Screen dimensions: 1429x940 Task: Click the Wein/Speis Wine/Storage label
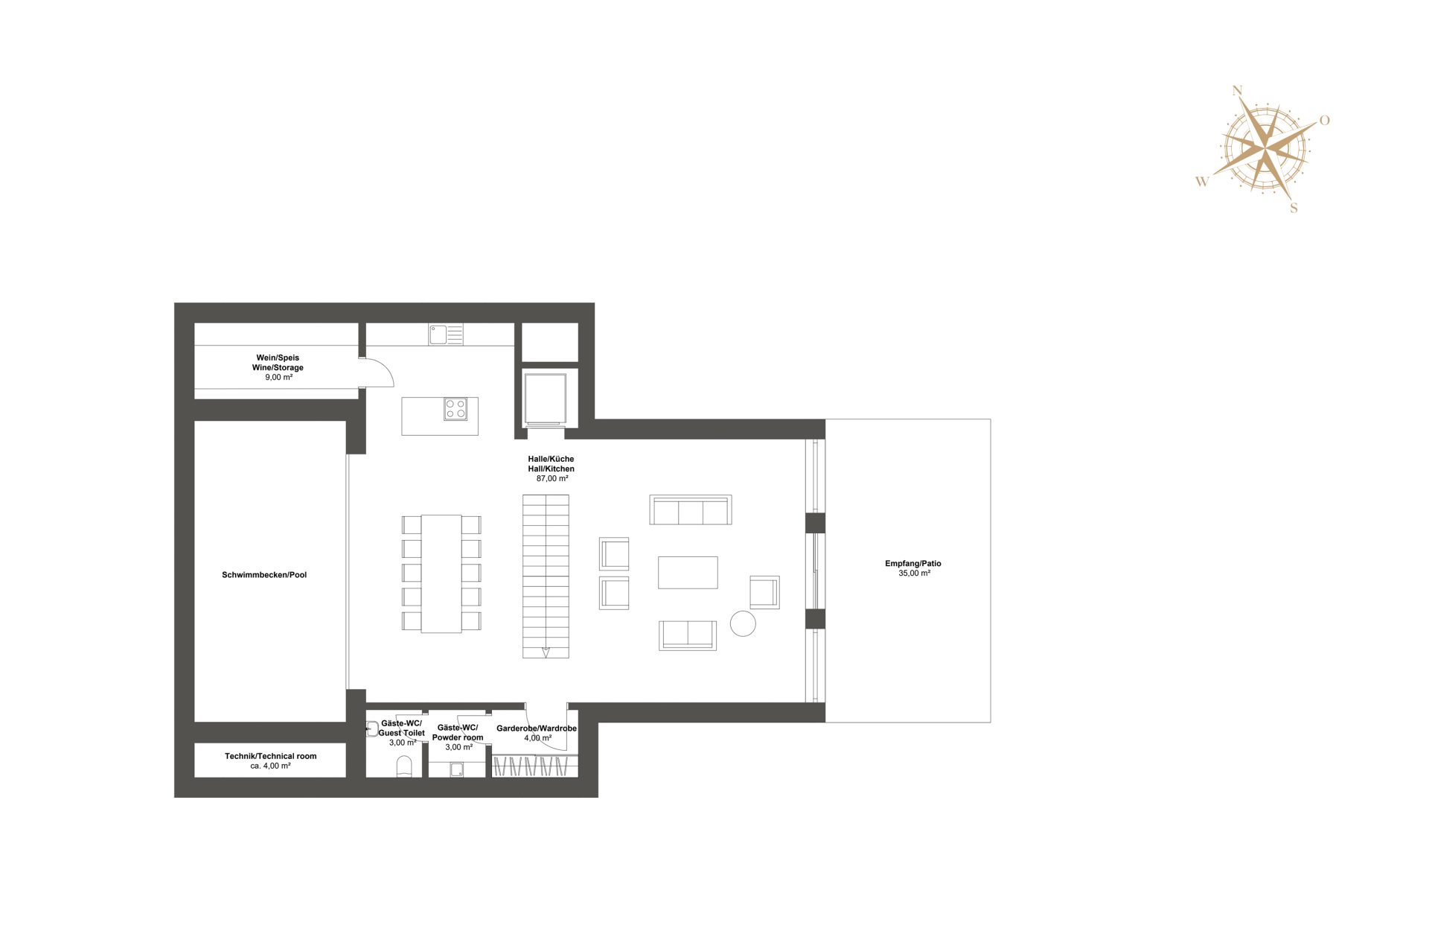point(278,363)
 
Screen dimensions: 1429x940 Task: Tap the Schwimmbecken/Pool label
point(264,575)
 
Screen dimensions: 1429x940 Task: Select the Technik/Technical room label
point(271,756)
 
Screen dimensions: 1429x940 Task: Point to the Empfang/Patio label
point(913,564)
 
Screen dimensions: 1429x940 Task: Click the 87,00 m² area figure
point(552,479)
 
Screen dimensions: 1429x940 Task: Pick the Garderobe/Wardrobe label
point(537,728)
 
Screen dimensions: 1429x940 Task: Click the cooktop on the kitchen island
point(455,409)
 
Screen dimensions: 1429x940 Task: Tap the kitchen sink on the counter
point(446,334)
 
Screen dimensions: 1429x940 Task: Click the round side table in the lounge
point(743,623)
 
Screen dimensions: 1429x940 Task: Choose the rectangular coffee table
point(688,573)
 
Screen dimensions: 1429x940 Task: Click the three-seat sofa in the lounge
point(691,509)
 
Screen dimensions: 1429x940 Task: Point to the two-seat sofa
point(688,635)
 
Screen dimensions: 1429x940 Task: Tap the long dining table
point(441,574)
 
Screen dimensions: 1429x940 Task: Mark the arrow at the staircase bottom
point(546,652)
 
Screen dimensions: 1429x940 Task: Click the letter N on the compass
point(1238,91)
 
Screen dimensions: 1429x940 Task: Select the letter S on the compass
point(1294,208)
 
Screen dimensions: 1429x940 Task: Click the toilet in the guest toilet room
point(404,766)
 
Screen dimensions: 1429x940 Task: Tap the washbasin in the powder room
point(457,769)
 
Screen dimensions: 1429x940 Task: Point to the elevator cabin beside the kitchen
point(546,398)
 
